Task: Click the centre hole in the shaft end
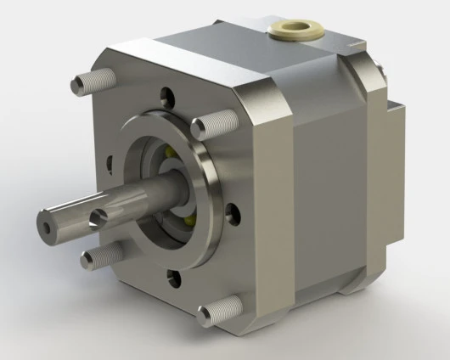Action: (x=45, y=225)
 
